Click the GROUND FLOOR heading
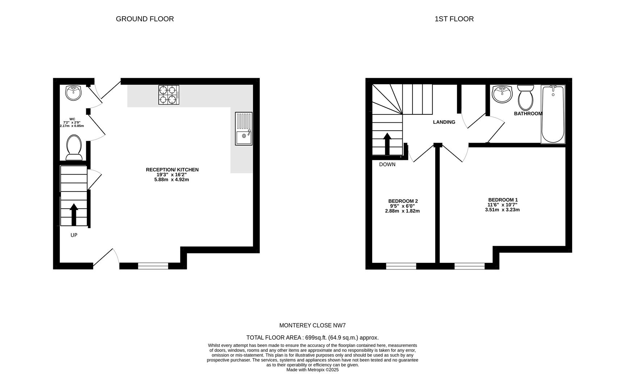coord(145,19)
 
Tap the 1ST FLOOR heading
coord(454,19)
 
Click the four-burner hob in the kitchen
coord(169,95)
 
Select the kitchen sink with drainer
coord(244,129)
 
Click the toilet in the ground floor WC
coord(74,148)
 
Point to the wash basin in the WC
coord(74,93)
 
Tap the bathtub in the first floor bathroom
coord(553,114)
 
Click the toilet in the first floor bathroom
coord(525,97)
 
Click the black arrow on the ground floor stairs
coord(74,215)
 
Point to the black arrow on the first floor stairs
coord(387,144)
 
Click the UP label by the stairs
coord(74,235)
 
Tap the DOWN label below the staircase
coord(387,165)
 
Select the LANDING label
coord(444,122)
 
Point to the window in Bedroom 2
coord(401,266)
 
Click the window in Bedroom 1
coord(470,266)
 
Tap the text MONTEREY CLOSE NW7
coord(312,325)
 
